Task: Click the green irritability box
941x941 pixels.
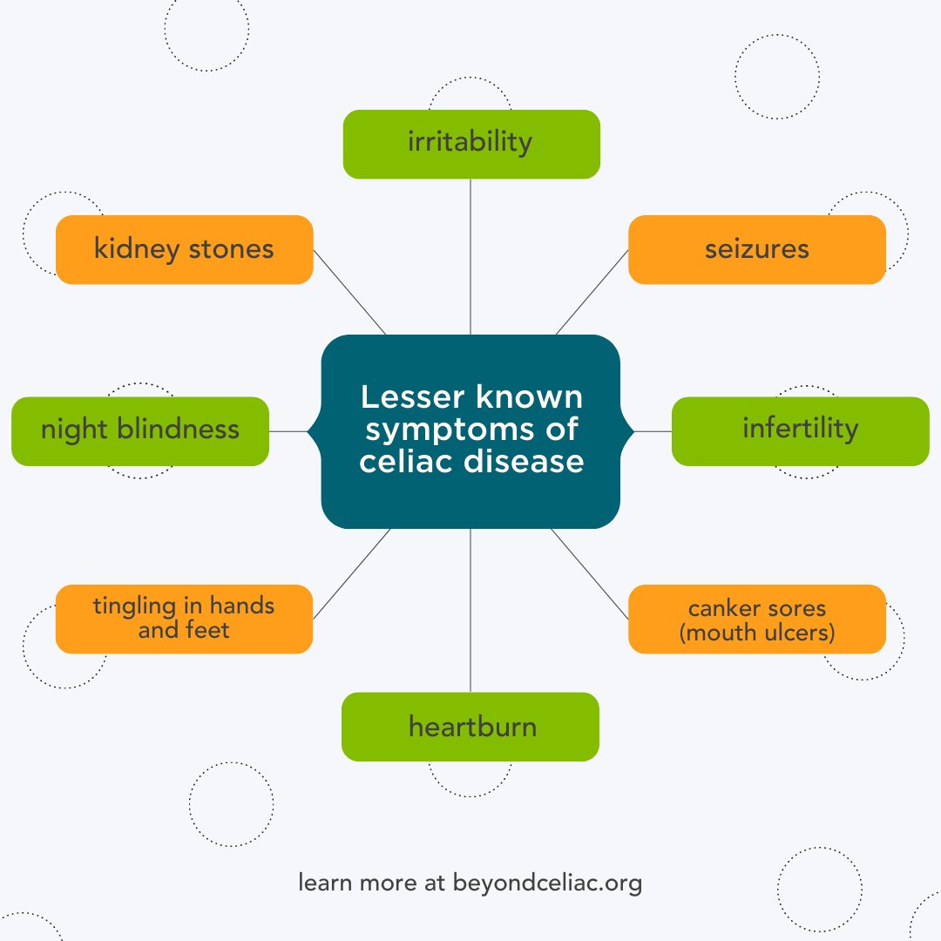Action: [470, 144]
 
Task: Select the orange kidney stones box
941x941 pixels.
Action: [184, 249]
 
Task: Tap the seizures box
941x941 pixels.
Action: [756, 249]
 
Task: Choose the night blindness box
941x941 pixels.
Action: [139, 430]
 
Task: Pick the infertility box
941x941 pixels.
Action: [800, 430]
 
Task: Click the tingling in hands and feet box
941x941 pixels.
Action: [184, 618]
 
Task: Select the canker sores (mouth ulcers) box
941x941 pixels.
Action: [756, 619]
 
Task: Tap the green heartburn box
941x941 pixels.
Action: [470, 727]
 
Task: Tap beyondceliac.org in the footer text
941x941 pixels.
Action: [547, 883]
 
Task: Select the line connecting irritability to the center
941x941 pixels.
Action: [470, 257]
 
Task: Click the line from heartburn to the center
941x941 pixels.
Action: [470, 610]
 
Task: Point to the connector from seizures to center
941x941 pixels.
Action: [592, 292]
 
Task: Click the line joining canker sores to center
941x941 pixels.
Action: [589, 572]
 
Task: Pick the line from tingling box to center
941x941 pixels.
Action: [351, 572]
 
